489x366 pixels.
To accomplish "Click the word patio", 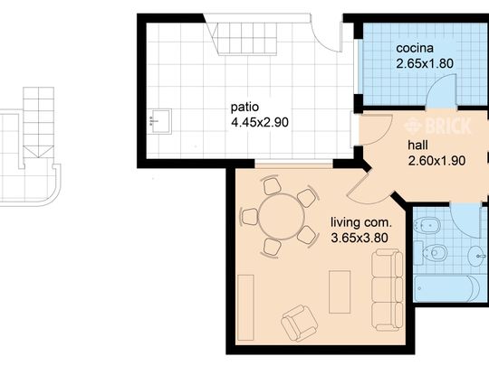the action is (244, 108).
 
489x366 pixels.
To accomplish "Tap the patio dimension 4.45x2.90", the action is (260, 122).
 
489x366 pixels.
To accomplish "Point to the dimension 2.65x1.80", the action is (425, 63).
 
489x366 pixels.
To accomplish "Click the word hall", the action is (417, 145).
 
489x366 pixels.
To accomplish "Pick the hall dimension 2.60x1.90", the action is (436, 161).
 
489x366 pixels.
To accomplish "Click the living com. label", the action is (360, 223).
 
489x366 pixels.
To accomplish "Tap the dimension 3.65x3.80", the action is (360, 239).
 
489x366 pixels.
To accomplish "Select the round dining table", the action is (282, 217).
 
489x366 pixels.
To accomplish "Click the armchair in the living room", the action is (300, 323).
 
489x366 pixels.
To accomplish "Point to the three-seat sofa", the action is (388, 290).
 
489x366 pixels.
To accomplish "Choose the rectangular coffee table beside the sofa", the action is (340, 292).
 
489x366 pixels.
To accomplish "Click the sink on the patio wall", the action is (160, 121).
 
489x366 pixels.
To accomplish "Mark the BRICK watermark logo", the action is (437, 126).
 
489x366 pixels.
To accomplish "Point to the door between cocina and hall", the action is (441, 91).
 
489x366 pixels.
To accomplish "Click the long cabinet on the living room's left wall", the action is (245, 307).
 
